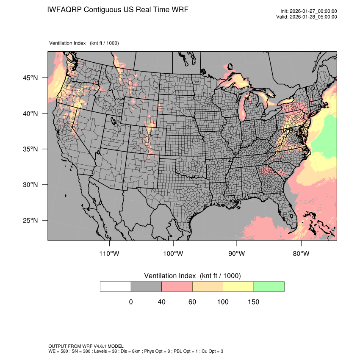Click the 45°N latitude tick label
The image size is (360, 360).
pos(30,78)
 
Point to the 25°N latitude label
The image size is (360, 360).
pos(30,220)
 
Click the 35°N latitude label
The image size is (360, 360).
pos(30,149)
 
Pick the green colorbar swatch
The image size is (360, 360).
pos(269,286)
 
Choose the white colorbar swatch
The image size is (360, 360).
pos(116,286)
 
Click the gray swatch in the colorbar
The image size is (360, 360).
pos(146,286)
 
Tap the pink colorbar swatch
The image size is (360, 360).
pos(177,286)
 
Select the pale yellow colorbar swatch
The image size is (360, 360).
pos(238,286)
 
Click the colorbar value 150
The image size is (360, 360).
pos(253,302)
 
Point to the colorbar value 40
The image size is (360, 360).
pos(161,302)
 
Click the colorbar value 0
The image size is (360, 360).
pos(131,302)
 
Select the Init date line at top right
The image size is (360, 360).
pos(309,11)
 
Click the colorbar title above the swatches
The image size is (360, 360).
pos(192,276)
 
